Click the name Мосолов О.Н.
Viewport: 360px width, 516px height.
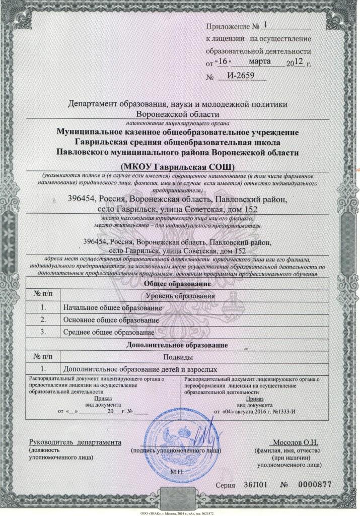[x=300, y=442]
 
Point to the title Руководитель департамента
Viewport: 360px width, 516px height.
[x=76, y=442]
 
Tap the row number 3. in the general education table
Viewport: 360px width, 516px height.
[x=43, y=333]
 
